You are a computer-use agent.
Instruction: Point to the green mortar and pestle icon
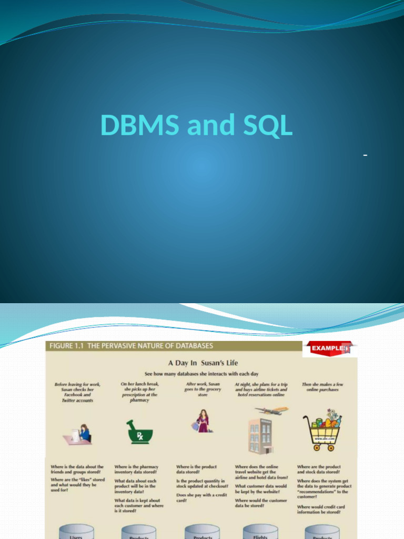point(140,432)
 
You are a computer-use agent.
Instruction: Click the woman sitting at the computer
point(83,433)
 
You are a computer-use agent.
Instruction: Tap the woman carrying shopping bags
point(203,421)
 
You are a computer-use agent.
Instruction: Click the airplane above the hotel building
point(272,410)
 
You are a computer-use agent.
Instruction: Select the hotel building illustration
point(260,436)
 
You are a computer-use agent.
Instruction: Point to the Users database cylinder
point(76,532)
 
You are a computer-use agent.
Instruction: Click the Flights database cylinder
point(260,532)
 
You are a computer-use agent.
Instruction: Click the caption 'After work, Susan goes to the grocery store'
point(203,390)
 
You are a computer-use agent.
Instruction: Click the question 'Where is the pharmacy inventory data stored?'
point(136,470)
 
